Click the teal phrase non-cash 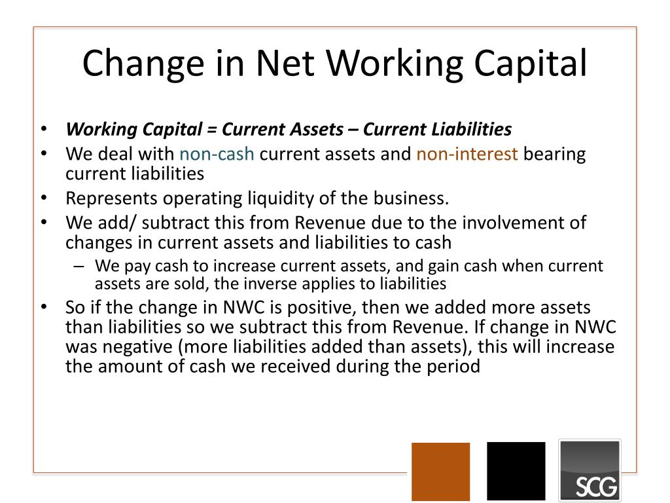click(x=217, y=155)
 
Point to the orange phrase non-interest click(x=467, y=155)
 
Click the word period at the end click(x=455, y=366)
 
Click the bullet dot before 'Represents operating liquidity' click(x=43, y=198)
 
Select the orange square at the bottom click(x=440, y=471)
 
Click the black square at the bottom click(x=516, y=471)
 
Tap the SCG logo click(x=589, y=470)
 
